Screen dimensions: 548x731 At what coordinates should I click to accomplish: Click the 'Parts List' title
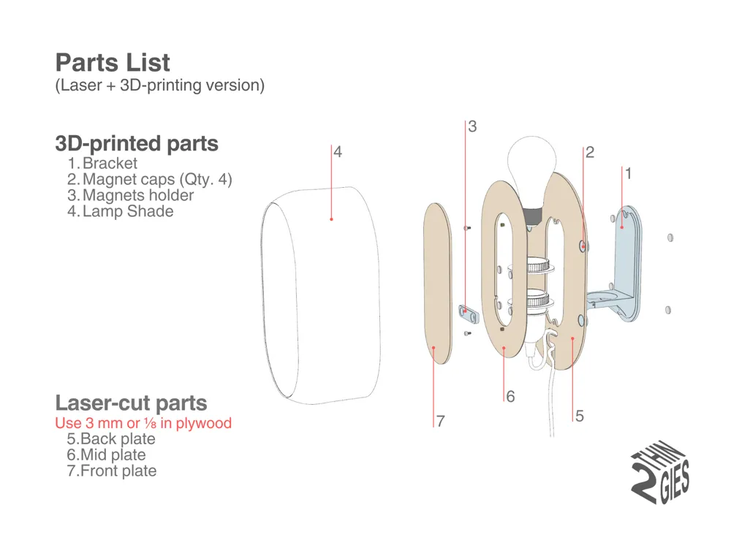tap(113, 63)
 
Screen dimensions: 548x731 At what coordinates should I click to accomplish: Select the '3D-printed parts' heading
tap(137, 143)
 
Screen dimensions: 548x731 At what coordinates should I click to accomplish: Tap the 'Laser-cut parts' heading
tap(131, 403)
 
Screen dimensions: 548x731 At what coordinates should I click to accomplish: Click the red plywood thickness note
tap(143, 423)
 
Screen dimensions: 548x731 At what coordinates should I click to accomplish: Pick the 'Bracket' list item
tap(109, 164)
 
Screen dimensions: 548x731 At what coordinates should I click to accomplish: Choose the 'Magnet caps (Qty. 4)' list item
tap(157, 180)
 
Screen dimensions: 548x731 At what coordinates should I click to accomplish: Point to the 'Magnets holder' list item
tap(137, 196)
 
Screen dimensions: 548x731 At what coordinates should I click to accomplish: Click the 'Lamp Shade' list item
tap(127, 212)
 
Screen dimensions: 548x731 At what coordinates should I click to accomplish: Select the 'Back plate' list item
tap(117, 439)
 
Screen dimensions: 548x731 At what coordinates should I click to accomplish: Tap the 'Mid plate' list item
tap(113, 455)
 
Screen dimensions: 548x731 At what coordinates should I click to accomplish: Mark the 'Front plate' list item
tap(118, 471)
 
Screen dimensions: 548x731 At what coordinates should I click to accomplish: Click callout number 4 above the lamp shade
tap(338, 152)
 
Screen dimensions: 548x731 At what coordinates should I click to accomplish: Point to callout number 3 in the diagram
tap(472, 126)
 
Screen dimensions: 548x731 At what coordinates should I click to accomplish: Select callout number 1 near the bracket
tap(627, 174)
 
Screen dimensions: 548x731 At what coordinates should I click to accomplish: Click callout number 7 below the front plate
tap(441, 422)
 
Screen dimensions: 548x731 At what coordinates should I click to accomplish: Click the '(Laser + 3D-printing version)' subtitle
tap(159, 85)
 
